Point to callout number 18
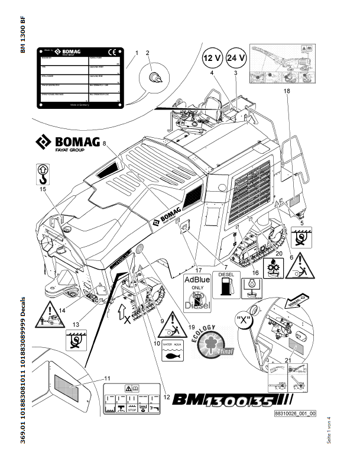point(286,92)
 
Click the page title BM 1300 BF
point(22,36)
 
